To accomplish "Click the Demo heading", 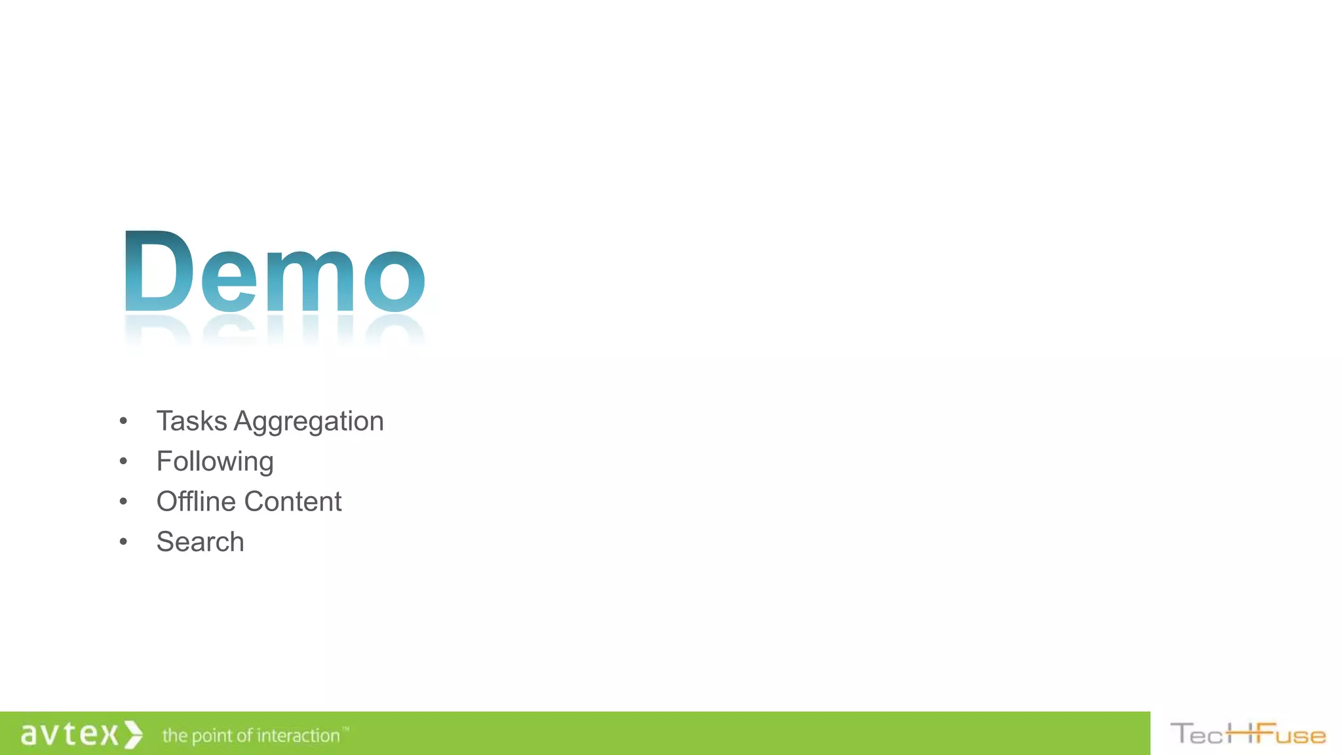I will click(274, 271).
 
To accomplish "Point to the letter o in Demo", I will click(394, 280).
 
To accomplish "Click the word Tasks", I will click(191, 421).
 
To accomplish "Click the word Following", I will click(215, 462).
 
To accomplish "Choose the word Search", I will click(200, 542).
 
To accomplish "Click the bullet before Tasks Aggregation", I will click(123, 421).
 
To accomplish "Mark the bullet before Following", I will click(123, 461).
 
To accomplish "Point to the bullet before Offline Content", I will click(123, 501).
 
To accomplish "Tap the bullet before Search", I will click(123, 542).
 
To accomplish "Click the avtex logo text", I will click(69, 734).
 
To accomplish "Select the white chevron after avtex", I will click(133, 734).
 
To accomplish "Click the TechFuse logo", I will click(1248, 734).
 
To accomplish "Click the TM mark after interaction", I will click(346, 728).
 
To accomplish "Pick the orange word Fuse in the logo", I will click(1290, 734).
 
